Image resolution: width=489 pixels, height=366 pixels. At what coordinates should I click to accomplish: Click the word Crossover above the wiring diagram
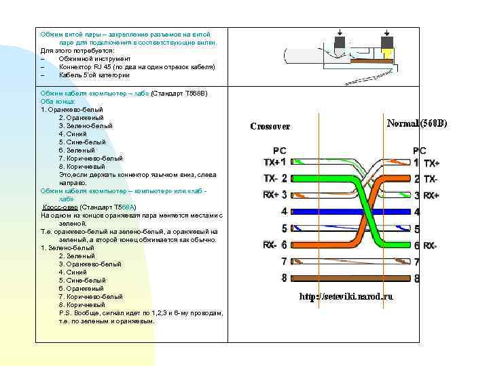coord(270,126)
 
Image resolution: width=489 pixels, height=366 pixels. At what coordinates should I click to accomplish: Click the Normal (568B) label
coord(417,123)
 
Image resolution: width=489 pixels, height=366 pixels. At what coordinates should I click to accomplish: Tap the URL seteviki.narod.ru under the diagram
coord(346,296)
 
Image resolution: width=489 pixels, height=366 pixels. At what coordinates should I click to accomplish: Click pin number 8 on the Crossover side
coord(285,277)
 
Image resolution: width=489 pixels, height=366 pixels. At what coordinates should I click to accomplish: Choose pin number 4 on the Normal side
coord(417,212)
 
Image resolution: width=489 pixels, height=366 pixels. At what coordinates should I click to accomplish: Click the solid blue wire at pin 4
coord(350,211)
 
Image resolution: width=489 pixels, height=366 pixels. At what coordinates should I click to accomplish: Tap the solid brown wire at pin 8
coord(350,277)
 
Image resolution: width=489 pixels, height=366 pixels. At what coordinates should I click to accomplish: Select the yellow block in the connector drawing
coord(388,54)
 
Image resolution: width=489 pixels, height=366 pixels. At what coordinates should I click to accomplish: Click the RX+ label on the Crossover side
coord(271,195)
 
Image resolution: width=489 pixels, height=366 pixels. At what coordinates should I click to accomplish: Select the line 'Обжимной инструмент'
coord(94,58)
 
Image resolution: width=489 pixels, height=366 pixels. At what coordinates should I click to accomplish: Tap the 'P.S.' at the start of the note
coord(65,313)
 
